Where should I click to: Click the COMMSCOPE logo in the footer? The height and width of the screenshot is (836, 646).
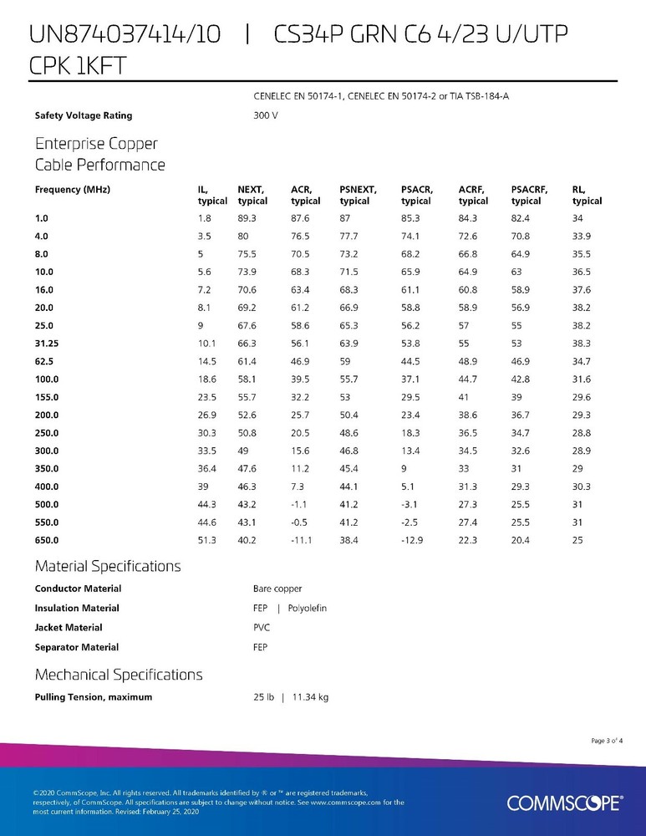(563, 803)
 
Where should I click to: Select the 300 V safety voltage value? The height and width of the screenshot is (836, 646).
(265, 115)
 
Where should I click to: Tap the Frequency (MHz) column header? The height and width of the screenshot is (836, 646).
(73, 190)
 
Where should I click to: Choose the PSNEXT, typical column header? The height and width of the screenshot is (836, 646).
(359, 195)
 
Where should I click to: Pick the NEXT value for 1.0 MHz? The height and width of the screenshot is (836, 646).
(247, 217)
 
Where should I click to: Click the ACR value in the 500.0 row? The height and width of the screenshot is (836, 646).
(298, 505)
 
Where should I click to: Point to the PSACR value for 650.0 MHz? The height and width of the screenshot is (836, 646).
(413, 541)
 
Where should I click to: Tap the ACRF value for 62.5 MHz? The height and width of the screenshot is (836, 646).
(468, 361)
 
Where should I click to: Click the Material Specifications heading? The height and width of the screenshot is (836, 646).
(107, 566)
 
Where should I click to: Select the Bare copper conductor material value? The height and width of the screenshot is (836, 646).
(277, 589)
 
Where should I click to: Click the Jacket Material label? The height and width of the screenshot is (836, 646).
(69, 627)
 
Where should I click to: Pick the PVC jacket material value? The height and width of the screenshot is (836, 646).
(262, 627)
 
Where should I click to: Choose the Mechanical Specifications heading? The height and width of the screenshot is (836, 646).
(118, 674)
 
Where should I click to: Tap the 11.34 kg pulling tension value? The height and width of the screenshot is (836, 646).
(310, 696)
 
